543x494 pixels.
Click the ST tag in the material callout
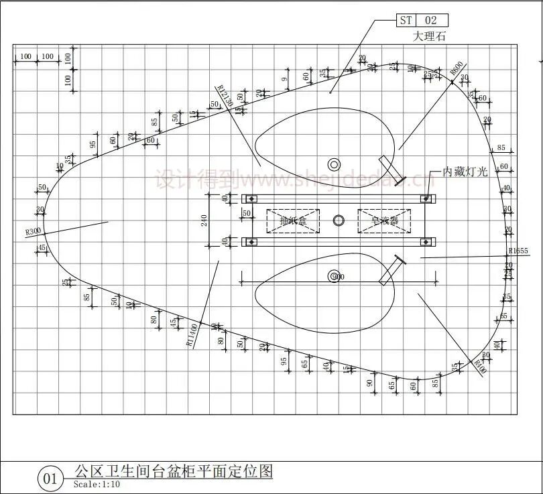coord(406,20)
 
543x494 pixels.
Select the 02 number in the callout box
coord(431,20)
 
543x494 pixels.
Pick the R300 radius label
coord(34,232)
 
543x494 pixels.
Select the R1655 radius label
coord(518,251)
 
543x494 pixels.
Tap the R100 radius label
coord(479,367)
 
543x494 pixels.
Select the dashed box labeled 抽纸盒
coord(293,221)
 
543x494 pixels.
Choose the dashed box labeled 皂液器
coord(384,221)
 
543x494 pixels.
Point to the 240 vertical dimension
coord(204,221)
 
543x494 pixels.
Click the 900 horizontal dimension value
coord(339,277)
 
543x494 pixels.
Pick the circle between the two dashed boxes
coord(339,221)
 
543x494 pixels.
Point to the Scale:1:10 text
coord(97,485)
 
